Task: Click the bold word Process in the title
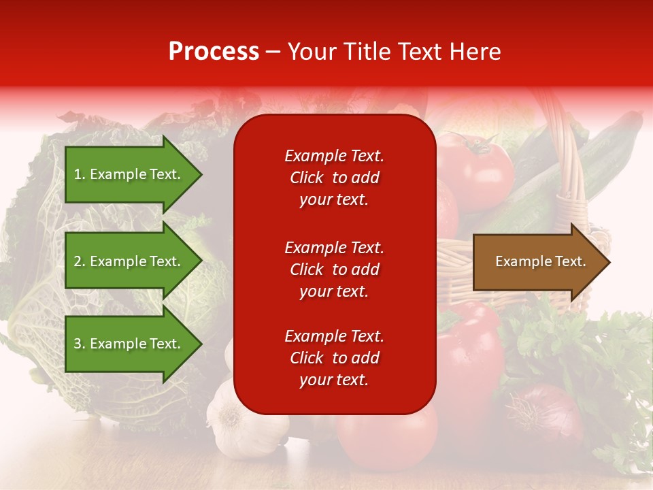pos(214,52)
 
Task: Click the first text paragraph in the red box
pos(334,178)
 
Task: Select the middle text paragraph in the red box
pos(334,269)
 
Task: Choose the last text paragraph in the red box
pos(334,358)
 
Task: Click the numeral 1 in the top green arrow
pos(78,174)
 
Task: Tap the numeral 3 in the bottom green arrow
pos(78,344)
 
